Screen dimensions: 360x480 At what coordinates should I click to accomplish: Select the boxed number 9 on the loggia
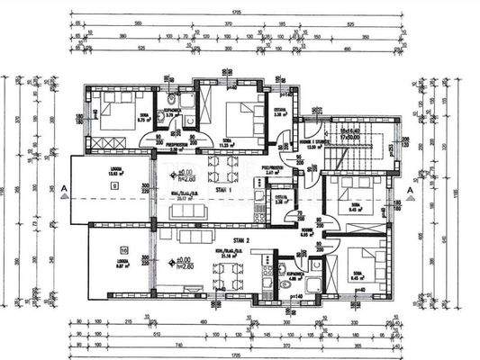115,185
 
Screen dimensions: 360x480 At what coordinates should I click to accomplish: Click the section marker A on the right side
410,190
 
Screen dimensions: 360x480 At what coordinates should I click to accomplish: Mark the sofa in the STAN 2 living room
188,236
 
